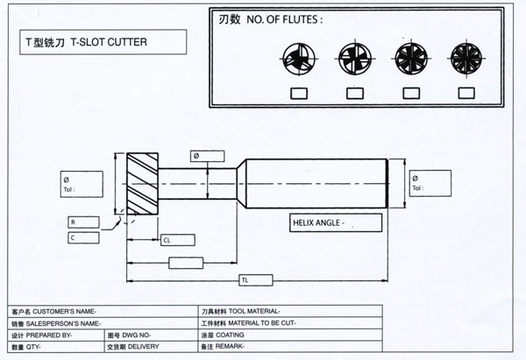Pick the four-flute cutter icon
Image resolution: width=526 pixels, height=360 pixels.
pos(354,60)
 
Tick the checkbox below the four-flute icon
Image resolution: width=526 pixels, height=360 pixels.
pos(354,93)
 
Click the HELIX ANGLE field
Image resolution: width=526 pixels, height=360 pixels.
pos(337,222)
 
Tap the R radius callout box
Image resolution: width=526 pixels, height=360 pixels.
pos(84,222)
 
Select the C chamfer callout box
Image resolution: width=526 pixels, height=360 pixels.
pos(84,237)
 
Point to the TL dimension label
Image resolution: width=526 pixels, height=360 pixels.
pos(245,279)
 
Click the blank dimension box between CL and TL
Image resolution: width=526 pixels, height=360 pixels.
pos(191,263)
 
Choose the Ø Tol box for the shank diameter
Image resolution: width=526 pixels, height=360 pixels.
pos(428,183)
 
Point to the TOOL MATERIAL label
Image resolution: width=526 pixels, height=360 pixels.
pos(240,312)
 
